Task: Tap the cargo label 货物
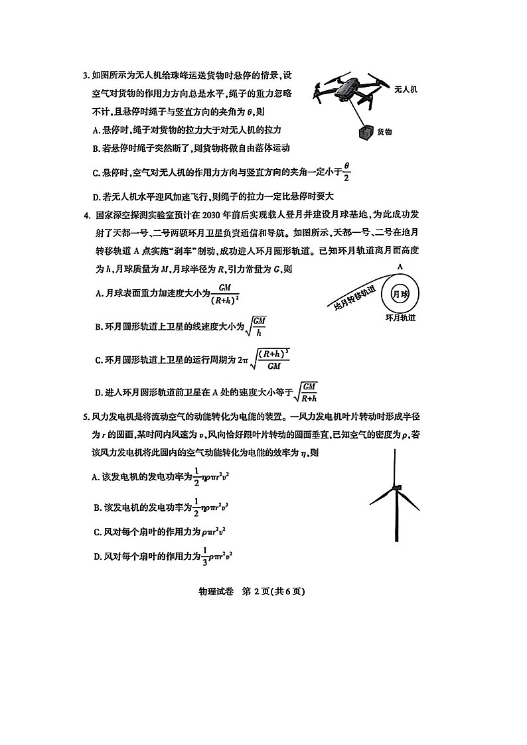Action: (384, 132)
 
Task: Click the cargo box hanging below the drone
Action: (365, 133)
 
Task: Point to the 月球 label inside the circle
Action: (400, 295)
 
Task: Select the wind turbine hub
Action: (396, 489)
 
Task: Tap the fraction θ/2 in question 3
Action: (346, 172)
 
